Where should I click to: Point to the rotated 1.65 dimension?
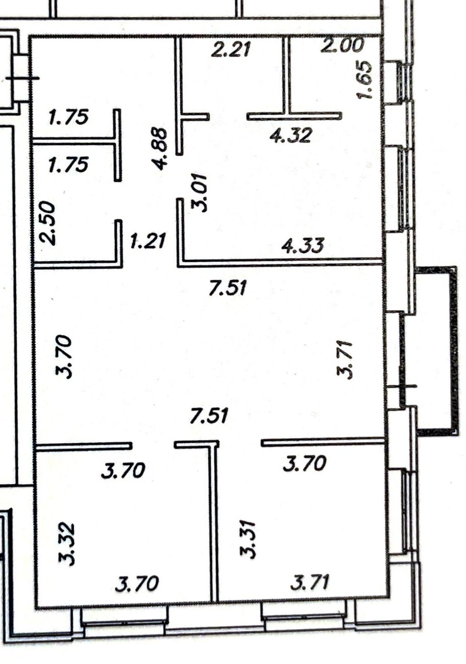[364, 80]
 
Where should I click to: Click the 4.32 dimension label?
[291, 135]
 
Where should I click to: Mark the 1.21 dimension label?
[148, 241]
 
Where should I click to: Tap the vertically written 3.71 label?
[345, 360]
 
